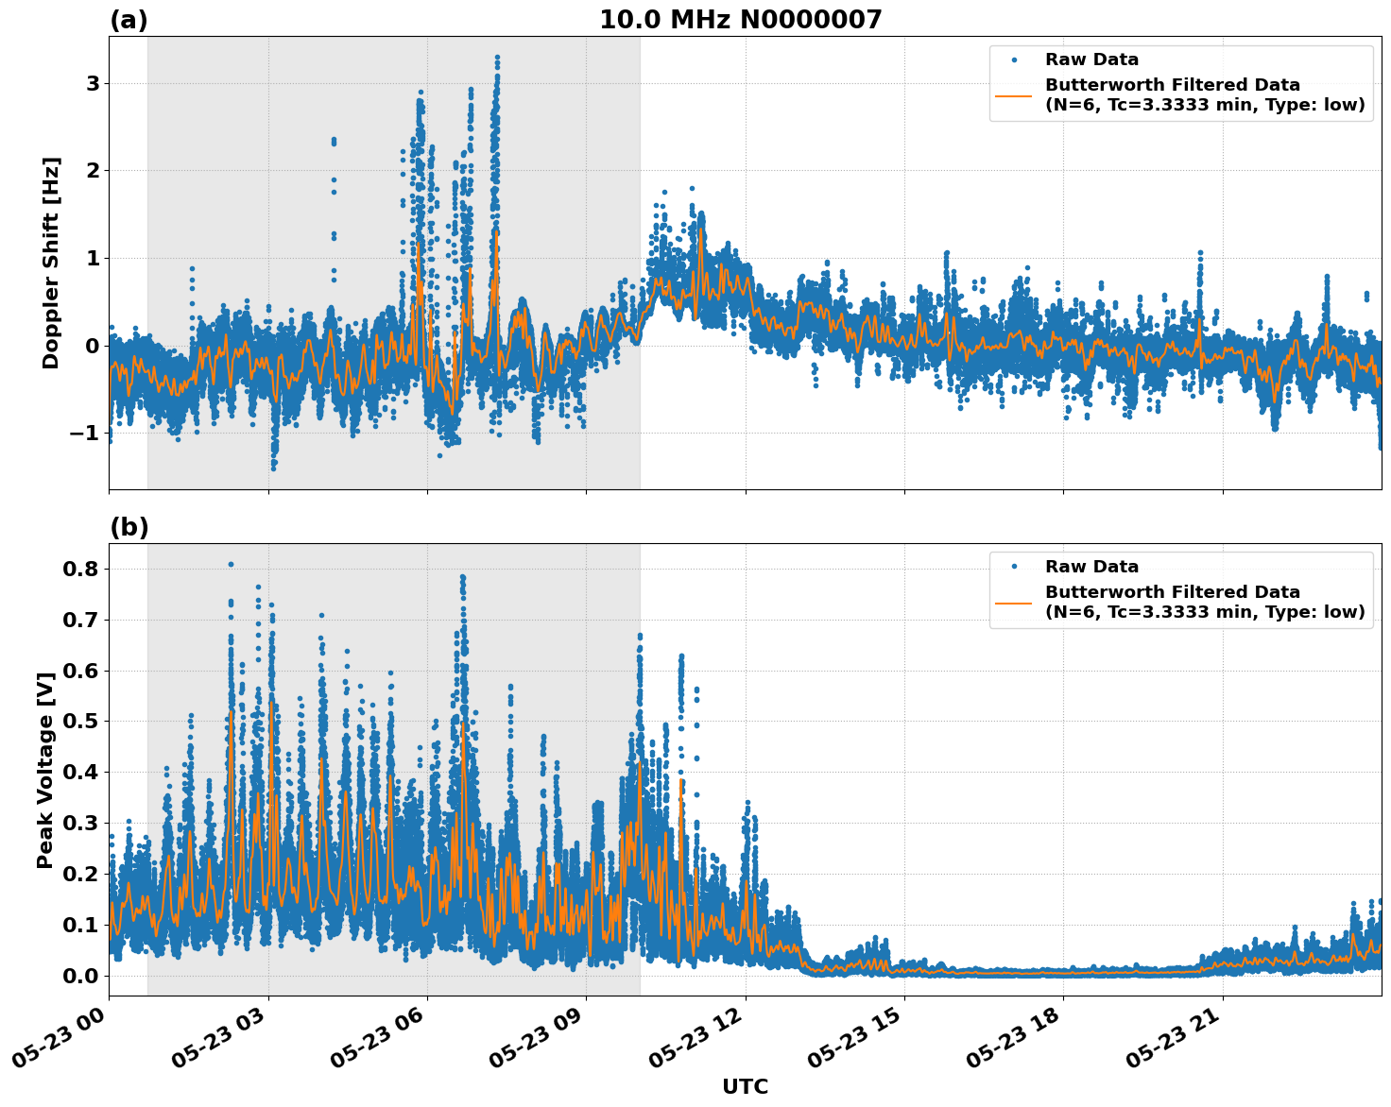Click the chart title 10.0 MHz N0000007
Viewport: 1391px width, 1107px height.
[740, 20]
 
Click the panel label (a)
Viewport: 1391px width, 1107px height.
[129, 20]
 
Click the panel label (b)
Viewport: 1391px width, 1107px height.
[129, 527]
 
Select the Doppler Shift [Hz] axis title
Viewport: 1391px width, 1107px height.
[51, 263]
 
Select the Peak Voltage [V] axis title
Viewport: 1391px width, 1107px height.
[44, 769]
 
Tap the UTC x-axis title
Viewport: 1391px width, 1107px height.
[745, 1086]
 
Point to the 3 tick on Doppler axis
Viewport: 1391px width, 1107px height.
[93, 83]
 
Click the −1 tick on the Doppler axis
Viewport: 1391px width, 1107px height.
[86, 433]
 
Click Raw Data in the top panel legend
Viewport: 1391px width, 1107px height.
[1091, 60]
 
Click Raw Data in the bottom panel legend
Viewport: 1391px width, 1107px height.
[1091, 567]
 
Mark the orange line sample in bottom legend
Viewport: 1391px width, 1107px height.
[1014, 603]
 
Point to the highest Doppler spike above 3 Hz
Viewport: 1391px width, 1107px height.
[497, 58]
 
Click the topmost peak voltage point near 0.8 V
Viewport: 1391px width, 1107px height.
[231, 564]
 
